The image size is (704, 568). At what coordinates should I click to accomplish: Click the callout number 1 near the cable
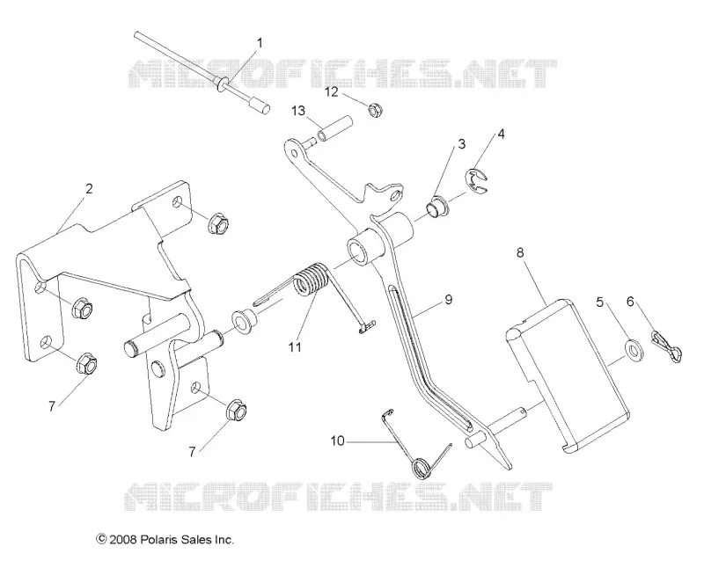pos(260,43)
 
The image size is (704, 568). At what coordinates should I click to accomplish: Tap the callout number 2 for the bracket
pos(89,189)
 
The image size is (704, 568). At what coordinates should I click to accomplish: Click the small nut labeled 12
pos(376,110)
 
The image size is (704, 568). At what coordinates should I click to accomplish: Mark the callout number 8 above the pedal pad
pos(520,252)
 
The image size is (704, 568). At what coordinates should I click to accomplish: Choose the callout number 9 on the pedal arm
pos(448,300)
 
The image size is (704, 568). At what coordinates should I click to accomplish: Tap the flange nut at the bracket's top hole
pos(218,222)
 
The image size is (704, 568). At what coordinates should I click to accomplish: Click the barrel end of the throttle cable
pos(260,107)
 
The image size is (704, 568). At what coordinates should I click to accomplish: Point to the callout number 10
pos(337,441)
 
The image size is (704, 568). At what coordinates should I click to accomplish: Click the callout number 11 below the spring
pos(295,346)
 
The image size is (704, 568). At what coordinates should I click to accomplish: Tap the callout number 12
pos(332,92)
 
